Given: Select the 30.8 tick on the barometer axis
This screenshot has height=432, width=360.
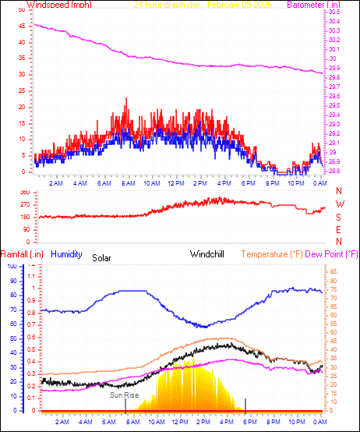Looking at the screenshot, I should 334,12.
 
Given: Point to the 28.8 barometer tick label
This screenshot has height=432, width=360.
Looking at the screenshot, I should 334,171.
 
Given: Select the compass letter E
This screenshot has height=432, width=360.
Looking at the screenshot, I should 339,229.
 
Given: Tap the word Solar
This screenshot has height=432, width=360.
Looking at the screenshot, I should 102,257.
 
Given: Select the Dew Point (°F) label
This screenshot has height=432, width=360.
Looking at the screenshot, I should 331,254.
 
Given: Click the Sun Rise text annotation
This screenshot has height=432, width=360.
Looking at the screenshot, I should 125,395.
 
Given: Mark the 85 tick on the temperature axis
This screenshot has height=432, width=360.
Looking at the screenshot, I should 334,272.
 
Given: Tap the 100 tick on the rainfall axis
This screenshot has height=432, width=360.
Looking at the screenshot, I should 11,266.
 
